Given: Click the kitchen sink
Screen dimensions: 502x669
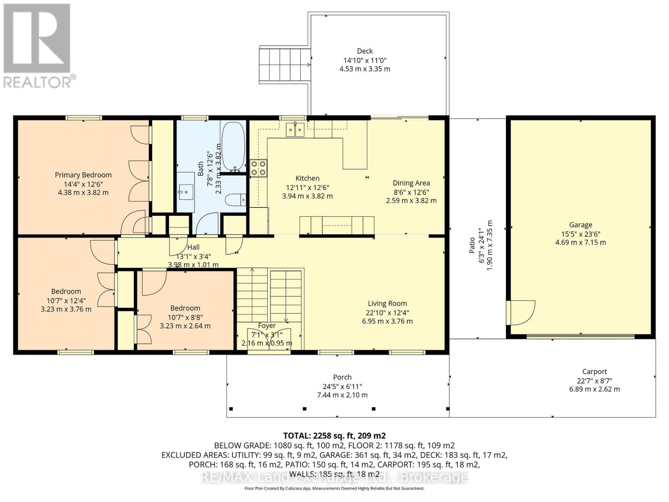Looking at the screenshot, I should tap(295, 130).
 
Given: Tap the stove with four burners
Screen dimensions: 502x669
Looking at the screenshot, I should tap(258, 168).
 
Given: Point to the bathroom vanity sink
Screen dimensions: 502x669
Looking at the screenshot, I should tap(185, 192).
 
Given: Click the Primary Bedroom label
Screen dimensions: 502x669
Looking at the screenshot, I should tap(83, 175).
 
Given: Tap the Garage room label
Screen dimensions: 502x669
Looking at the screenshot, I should tap(580, 225).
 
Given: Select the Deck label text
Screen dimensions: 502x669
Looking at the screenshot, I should tap(365, 51).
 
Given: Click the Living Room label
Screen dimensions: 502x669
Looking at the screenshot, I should tap(387, 303).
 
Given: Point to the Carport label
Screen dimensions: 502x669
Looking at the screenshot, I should tap(594, 371).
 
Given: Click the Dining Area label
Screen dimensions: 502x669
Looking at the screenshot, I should tap(411, 183).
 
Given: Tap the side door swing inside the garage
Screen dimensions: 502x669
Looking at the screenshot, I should tap(521, 312).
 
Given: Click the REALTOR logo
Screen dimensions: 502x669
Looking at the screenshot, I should tap(38, 46).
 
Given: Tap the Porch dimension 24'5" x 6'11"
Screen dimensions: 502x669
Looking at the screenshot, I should tap(342, 387).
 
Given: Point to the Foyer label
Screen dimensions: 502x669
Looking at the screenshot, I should tap(267, 325).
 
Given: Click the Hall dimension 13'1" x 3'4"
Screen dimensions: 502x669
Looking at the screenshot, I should tap(193, 256).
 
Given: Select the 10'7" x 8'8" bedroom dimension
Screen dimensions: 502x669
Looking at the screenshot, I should tap(185, 318).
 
